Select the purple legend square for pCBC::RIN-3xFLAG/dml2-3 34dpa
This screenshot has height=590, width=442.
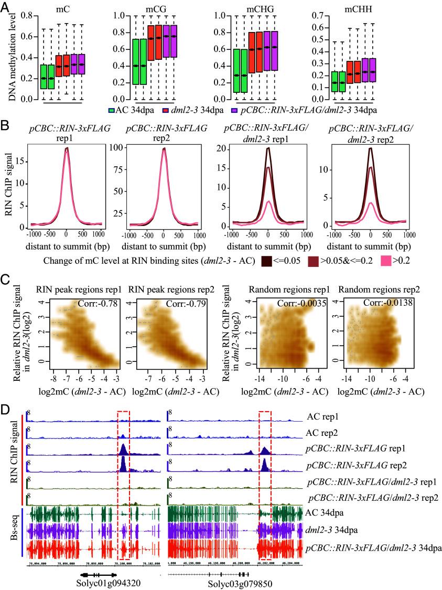coord(235,111)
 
